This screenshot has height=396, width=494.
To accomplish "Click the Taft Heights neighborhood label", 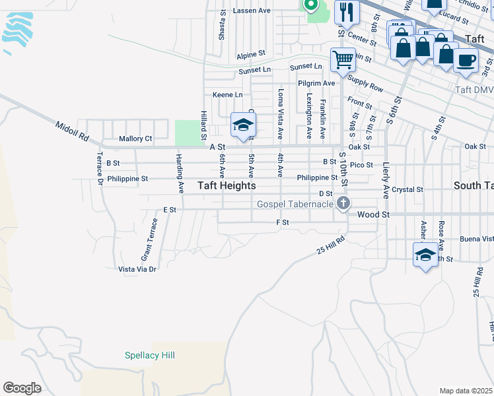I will [x=227, y=186].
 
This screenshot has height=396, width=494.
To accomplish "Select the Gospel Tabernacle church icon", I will [x=343, y=203].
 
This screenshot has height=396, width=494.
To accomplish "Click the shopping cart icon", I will [x=343, y=60].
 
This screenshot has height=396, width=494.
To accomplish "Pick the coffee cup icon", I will [x=466, y=61].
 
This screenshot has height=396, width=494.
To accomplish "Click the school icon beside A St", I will [x=243, y=125].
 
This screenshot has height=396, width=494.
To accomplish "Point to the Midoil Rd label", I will [x=72, y=131].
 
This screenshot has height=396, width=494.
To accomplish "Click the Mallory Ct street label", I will [x=135, y=139].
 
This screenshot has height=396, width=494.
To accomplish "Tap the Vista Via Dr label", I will [x=137, y=269].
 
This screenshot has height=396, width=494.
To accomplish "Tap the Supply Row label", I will [x=365, y=84].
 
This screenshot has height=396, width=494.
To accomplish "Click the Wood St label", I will [x=374, y=214].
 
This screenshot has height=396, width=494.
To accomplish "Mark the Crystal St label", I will [x=407, y=189].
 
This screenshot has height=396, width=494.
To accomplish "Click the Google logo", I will [x=22, y=388].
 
